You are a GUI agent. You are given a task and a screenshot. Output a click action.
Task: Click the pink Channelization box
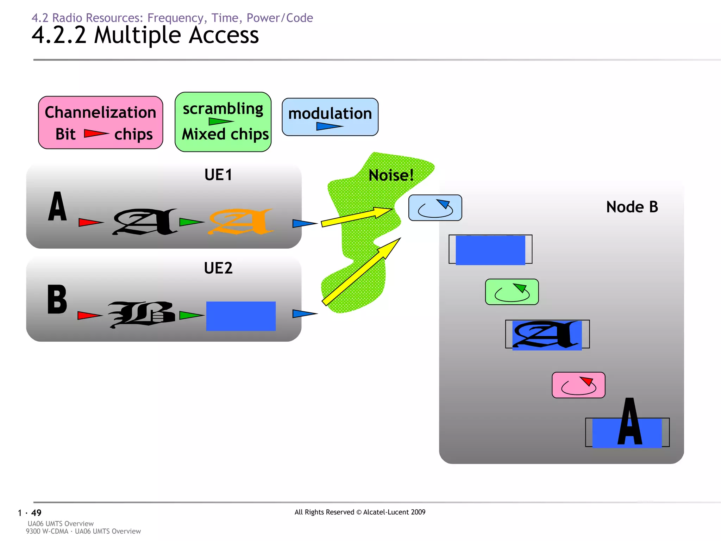(x=100, y=122)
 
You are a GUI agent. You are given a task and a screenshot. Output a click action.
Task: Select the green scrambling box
(x=223, y=122)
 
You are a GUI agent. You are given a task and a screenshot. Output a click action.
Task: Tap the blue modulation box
(x=330, y=117)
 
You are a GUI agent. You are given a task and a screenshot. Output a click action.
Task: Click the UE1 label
(x=218, y=175)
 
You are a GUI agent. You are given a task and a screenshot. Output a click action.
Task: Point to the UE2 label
(x=218, y=268)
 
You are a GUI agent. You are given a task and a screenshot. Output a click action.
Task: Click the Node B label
(x=632, y=207)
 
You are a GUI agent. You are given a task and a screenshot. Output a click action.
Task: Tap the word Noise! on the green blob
(x=391, y=175)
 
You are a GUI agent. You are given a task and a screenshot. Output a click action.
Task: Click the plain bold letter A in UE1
(x=57, y=207)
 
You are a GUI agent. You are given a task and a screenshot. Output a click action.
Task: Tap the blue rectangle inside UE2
(x=241, y=316)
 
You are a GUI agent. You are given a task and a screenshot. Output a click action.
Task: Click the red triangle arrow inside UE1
(x=90, y=222)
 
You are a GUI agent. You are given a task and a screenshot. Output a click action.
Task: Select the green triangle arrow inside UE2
(x=191, y=315)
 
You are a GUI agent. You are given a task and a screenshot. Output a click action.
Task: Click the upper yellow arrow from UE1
(x=356, y=217)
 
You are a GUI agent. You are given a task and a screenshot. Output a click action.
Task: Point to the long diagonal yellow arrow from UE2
(x=361, y=271)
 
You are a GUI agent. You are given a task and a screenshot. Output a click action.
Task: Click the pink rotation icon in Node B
(x=578, y=385)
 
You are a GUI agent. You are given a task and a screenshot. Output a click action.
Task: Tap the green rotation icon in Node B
(x=512, y=292)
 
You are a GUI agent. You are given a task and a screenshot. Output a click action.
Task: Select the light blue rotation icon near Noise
(x=435, y=208)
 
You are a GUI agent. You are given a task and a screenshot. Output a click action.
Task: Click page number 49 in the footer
(x=36, y=513)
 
